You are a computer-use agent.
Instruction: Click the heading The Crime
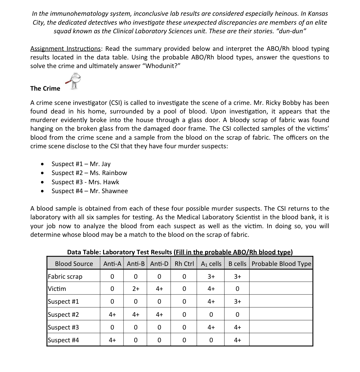45,89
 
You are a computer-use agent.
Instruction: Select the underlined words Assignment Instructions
65,49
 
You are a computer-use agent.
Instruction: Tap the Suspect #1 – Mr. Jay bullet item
81,164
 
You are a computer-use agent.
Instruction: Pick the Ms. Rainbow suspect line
89,173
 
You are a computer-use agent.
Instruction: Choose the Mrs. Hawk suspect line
85,182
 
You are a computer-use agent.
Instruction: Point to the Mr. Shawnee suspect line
90,191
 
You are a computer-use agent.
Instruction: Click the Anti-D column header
159,264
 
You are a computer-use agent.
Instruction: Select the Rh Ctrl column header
184,264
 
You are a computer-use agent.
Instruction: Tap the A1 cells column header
211,264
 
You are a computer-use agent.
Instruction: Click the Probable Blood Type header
281,264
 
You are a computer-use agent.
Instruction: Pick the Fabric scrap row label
65,277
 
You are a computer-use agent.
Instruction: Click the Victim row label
57,289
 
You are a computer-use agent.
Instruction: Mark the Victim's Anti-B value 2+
136,289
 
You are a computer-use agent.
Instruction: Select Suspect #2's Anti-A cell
112,315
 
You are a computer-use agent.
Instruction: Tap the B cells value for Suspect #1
237,302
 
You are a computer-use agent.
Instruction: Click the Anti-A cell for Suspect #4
112,340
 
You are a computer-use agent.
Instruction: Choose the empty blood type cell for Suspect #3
281,327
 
